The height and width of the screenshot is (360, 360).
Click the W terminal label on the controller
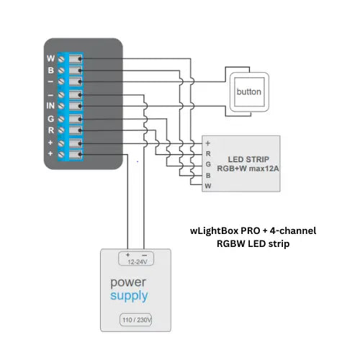50,58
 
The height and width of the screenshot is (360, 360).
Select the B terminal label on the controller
50,71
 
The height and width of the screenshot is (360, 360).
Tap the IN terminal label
50,107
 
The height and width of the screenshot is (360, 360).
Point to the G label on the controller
50,119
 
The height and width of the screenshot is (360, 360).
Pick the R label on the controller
50,131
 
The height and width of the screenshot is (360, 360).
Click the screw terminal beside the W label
63,58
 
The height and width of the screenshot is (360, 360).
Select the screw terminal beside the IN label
63,107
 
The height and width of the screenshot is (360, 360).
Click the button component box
248,92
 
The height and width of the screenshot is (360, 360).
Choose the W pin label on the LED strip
208,185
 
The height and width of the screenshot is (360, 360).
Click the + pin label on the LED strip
208,143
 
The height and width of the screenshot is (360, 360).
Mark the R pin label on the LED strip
208,153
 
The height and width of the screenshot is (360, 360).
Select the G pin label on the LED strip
208,163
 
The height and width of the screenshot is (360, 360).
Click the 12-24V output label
135,263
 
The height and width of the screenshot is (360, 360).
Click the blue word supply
130,296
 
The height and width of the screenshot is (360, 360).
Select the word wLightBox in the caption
207,230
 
